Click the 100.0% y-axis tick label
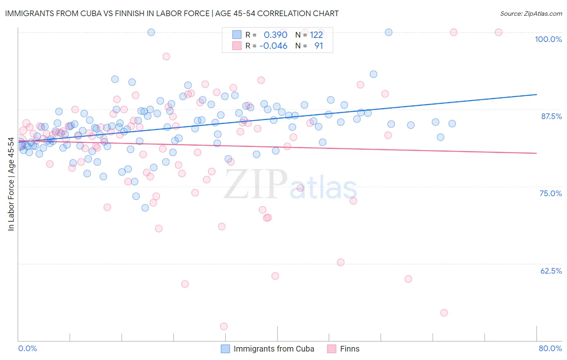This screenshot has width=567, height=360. point(548,39)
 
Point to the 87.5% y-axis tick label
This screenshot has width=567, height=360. point(551,116)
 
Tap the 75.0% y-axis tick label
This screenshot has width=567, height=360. point(550,193)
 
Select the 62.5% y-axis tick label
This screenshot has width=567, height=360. point(551,271)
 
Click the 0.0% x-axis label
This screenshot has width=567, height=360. point(27,348)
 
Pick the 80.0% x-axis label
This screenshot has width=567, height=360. point(550,348)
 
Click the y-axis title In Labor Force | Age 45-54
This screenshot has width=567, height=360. point(11,184)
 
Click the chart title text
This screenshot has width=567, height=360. point(172,13)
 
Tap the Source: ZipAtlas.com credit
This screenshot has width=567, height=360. point(531,14)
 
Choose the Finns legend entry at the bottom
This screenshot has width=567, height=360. point(349,349)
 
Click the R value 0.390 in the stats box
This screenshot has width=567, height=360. point(275,35)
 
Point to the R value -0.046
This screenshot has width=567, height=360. point(273,46)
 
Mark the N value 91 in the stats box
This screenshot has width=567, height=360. point(319,46)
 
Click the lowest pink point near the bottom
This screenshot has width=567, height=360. point(223,326)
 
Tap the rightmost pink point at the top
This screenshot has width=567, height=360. point(498,32)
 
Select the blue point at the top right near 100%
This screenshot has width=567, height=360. point(389,32)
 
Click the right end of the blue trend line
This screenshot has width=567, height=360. point(536,94)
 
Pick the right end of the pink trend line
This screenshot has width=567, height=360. point(536,153)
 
